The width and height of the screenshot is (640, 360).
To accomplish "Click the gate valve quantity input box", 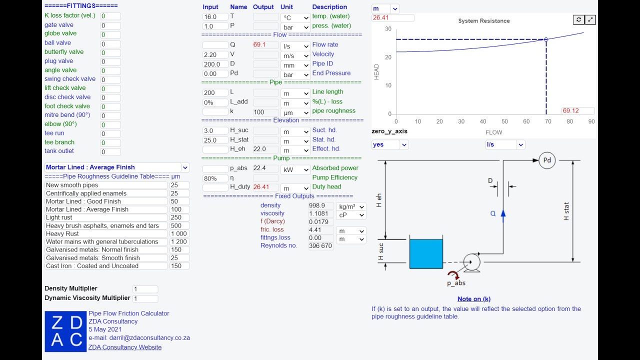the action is tap(110, 25).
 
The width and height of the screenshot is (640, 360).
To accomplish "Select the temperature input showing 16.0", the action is tap(215, 17).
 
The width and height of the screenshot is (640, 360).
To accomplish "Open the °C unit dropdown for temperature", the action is tap(295, 17).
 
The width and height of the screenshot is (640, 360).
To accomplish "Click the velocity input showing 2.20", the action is tap(215, 54).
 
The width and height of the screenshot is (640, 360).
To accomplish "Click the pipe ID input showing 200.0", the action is tap(215, 64).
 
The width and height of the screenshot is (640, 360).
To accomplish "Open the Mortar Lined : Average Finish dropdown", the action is tap(117, 167).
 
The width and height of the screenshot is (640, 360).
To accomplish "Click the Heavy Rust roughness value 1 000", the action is tap(179, 233).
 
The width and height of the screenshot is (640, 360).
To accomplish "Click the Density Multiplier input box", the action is tap(145, 289).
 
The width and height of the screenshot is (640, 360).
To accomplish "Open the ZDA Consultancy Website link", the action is tap(125, 347).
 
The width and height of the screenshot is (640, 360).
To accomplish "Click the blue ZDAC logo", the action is tap(65, 331).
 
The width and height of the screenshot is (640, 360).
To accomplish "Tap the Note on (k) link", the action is tap(474, 299).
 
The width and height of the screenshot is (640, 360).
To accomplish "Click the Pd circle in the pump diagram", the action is tap(547, 160).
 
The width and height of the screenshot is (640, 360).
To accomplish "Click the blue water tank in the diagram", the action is tap(426, 253).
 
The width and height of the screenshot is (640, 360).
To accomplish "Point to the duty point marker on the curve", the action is tap(546, 39).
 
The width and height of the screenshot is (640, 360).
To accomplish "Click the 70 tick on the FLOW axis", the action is tap(548, 121).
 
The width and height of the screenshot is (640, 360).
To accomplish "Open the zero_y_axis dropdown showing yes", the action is tap(390, 144).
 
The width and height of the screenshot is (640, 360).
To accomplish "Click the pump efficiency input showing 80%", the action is tap(215, 178).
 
